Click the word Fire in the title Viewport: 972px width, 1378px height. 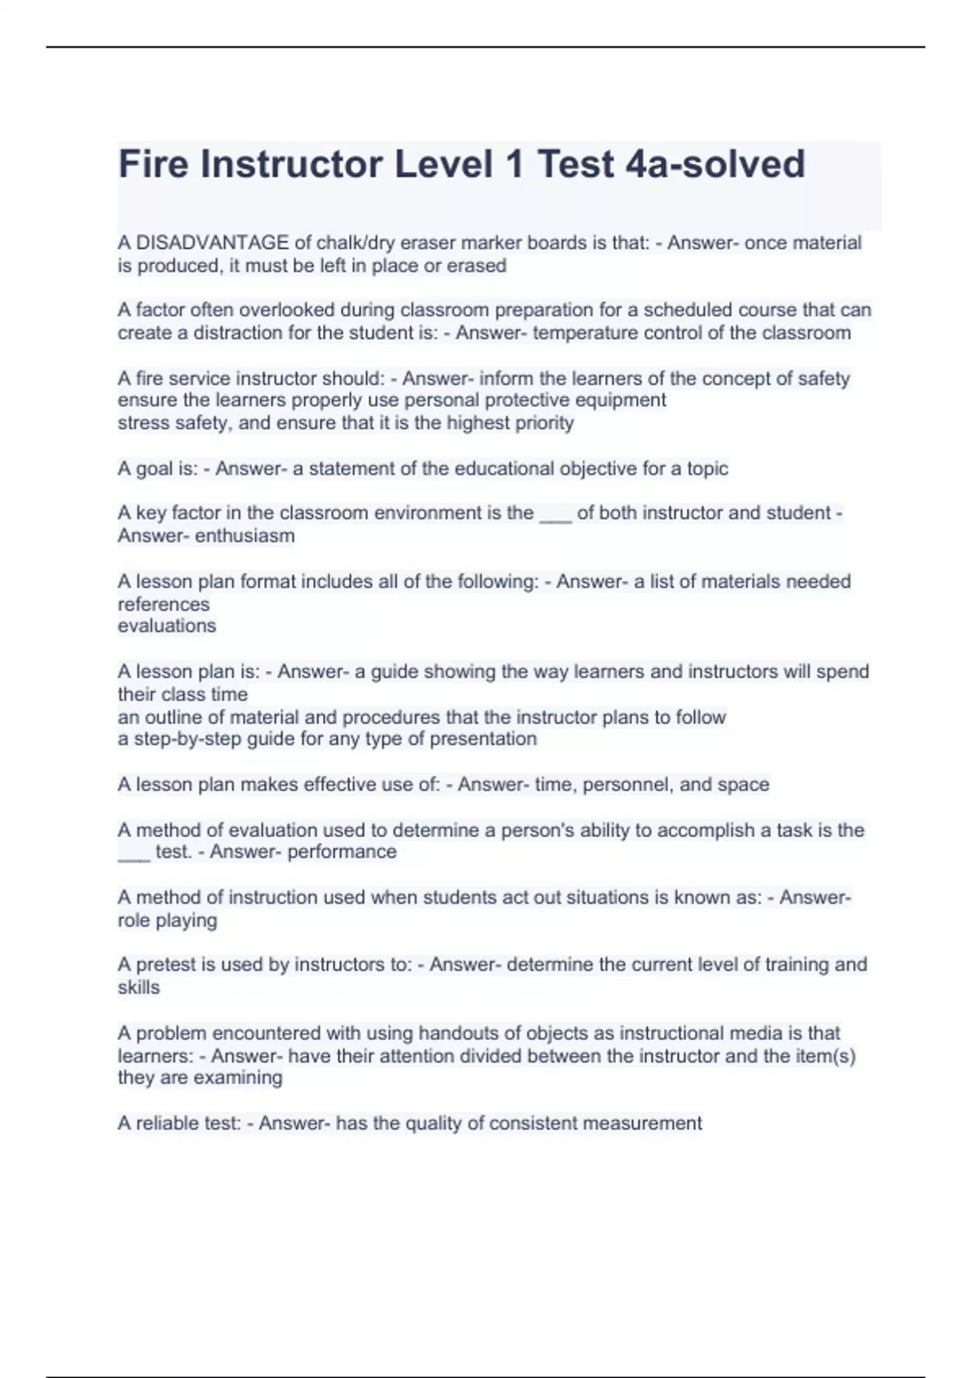153,164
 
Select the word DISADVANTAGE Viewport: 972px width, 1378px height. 212,242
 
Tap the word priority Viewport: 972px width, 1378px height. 543,422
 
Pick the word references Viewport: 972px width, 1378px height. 164,604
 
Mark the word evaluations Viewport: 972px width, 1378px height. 167,626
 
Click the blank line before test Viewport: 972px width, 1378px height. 134,855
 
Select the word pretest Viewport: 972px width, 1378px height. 165,965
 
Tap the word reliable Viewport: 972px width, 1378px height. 168,1123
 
